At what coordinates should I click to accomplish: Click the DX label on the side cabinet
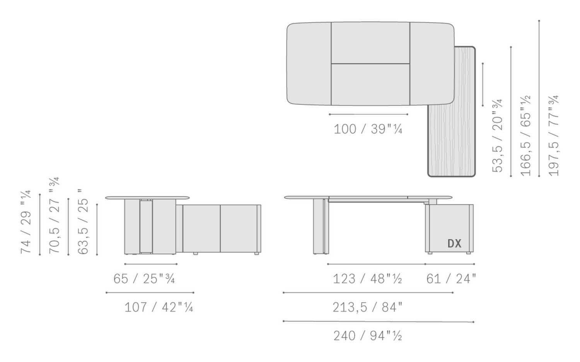click(454, 243)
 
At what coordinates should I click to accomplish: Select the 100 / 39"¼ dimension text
click(368, 129)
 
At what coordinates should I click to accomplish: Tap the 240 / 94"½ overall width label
click(368, 336)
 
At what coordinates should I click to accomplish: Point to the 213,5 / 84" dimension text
click(368, 308)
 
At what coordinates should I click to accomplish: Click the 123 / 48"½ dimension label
click(367, 279)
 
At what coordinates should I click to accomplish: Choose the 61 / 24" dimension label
click(451, 279)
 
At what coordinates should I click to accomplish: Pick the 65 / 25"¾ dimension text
click(144, 279)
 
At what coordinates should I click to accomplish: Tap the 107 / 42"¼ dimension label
click(159, 308)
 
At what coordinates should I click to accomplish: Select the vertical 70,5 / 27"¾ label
click(54, 215)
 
